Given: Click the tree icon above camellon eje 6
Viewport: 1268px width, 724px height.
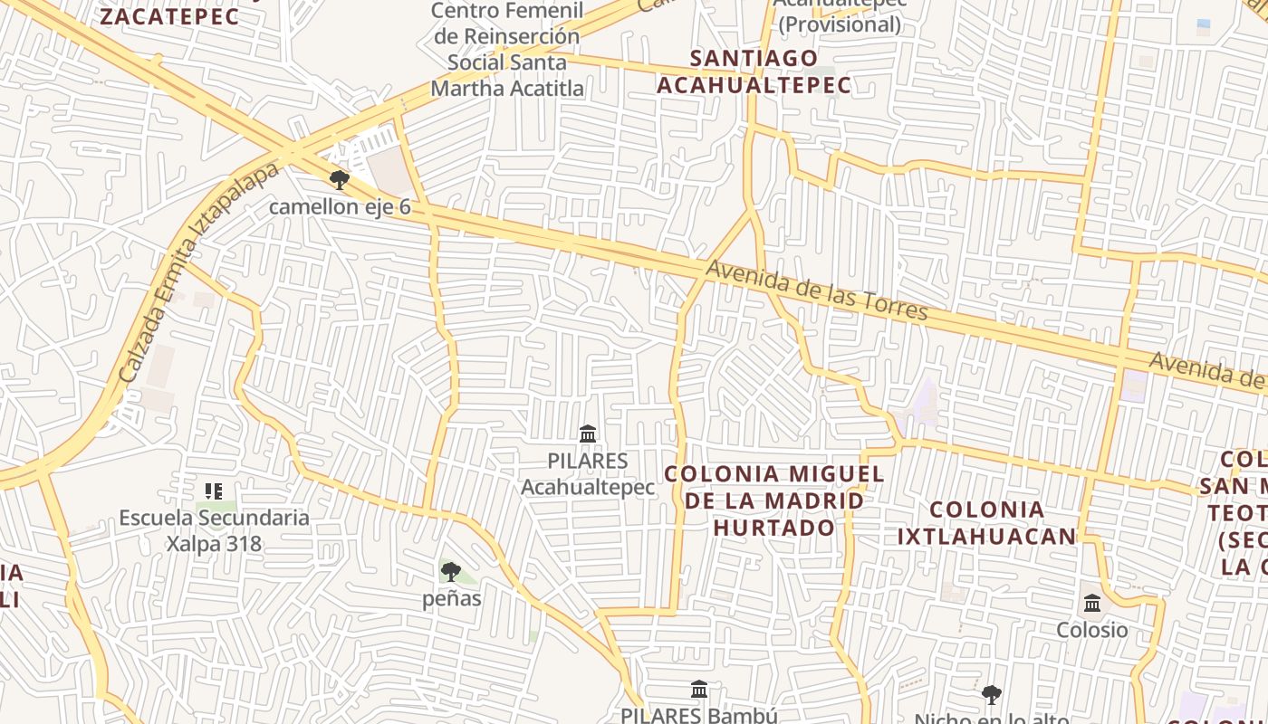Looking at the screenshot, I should (x=339, y=179).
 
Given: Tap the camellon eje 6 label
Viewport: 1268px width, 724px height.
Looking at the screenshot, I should (x=340, y=207).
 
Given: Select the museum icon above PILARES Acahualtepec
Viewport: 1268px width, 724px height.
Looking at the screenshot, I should (x=588, y=434).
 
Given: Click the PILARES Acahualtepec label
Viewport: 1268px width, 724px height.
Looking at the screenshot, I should (x=588, y=474).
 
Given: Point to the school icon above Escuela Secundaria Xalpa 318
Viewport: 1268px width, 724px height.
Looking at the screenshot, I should (x=214, y=491).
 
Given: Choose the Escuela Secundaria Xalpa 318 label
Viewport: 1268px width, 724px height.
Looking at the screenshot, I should (x=214, y=530).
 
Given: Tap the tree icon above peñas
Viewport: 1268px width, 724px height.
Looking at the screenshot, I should (x=450, y=571).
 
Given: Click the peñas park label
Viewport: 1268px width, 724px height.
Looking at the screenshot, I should (x=452, y=598).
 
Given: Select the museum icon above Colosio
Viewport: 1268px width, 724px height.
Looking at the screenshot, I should (x=1092, y=603).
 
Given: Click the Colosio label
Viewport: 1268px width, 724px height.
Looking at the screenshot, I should (x=1092, y=630).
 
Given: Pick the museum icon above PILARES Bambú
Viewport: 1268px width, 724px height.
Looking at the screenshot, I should (x=699, y=690).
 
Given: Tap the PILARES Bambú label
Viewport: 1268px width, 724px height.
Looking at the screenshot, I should (x=698, y=714).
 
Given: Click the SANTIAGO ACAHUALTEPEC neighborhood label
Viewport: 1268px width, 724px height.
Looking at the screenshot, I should (x=754, y=71).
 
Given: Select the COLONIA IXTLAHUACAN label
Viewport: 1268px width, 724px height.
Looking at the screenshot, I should (x=986, y=523).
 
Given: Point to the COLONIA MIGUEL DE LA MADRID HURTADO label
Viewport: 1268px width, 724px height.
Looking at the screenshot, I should (x=774, y=500).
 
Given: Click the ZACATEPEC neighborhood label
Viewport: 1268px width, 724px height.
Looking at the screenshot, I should (x=168, y=16).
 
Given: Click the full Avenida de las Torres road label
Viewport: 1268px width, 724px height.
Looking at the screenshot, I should (x=817, y=291).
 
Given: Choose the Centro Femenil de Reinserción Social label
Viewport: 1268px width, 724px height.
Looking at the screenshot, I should (x=506, y=50).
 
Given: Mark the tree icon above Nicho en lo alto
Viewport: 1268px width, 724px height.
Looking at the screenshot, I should (x=992, y=695).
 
